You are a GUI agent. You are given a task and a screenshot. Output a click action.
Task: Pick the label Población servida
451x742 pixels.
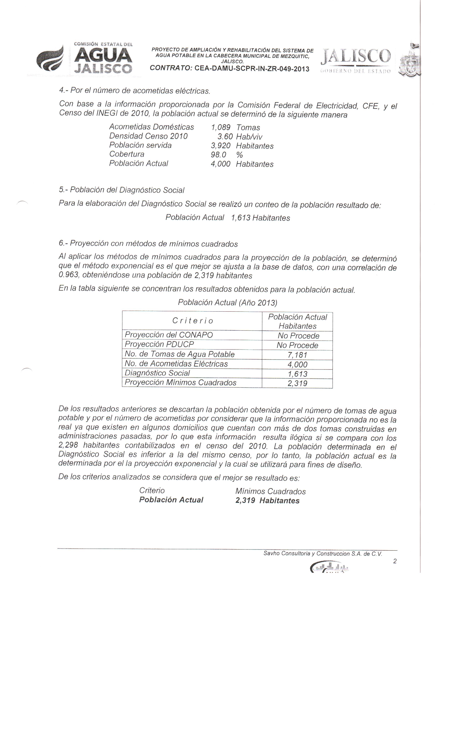[x=140, y=145]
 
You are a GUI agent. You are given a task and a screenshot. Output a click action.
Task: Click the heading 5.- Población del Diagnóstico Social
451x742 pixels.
[x=121, y=190]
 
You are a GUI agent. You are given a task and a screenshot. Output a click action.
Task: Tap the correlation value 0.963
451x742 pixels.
[x=69, y=275]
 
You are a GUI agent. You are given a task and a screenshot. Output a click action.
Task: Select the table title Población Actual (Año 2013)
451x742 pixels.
[x=227, y=302]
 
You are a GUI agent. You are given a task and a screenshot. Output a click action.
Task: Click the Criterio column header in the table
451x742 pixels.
[x=192, y=321]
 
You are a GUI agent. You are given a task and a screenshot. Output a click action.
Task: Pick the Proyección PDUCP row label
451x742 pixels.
[x=159, y=344]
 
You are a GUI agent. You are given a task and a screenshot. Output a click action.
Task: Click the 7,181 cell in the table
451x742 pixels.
[x=297, y=355]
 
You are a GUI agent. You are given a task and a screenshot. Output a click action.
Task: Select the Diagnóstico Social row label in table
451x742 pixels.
[x=157, y=373]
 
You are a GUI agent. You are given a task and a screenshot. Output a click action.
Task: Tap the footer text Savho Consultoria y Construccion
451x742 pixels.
[x=322, y=553]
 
